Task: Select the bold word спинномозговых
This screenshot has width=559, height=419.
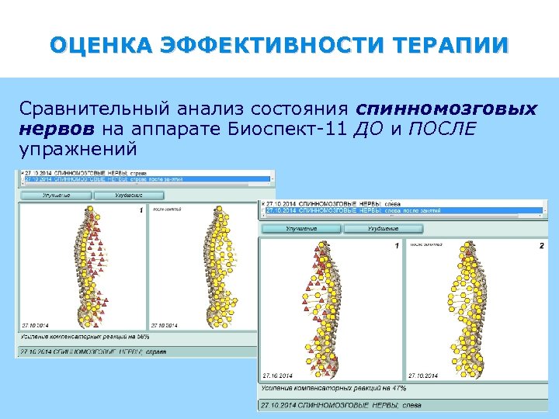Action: (x=447, y=109)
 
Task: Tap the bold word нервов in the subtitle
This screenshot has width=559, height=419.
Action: (x=58, y=128)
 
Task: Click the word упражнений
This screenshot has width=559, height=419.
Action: (x=78, y=147)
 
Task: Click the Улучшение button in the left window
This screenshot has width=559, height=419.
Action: (x=57, y=196)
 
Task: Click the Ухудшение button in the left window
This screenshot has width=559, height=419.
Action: (x=129, y=196)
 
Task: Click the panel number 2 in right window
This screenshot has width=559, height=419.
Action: (x=541, y=245)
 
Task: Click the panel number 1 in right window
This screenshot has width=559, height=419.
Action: (x=396, y=245)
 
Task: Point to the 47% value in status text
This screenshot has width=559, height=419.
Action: (x=399, y=387)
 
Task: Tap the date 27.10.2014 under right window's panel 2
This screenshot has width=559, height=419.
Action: (x=422, y=375)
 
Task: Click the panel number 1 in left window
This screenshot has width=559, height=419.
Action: (x=141, y=210)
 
